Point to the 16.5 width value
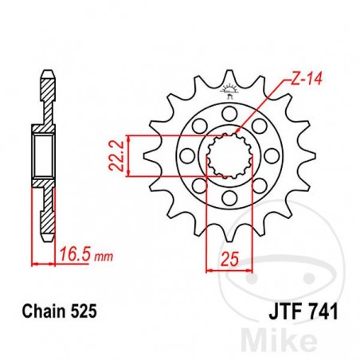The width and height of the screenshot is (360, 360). click(72, 256)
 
